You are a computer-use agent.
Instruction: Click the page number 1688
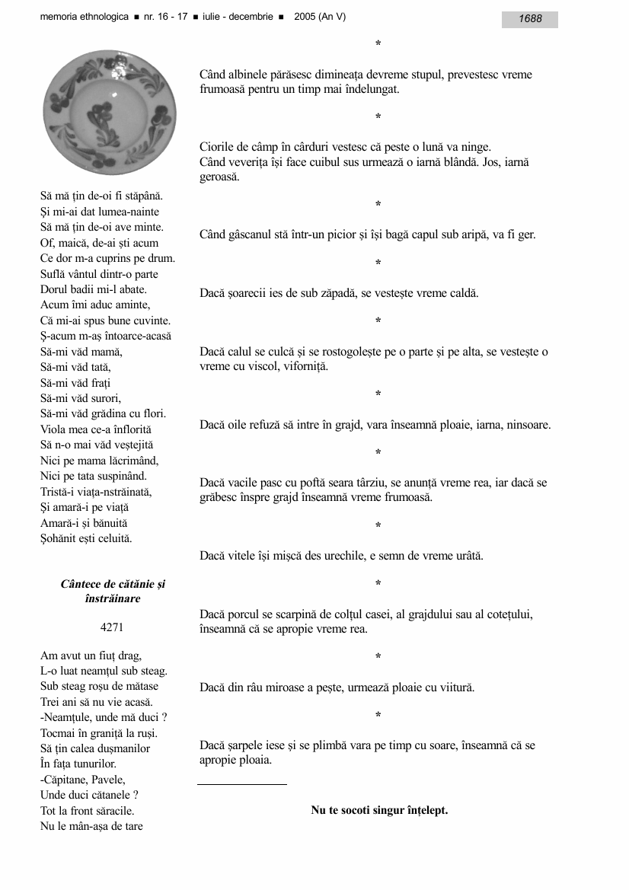(530, 19)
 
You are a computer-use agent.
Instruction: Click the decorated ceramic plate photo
(110, 112)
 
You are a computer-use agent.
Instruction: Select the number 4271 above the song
(112, 628)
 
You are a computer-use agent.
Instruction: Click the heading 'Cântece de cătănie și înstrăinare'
(113, 592)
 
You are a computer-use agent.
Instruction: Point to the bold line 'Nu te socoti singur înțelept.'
(379, 810)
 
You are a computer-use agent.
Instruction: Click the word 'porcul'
(243, 614)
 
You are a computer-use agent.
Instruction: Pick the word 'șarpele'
(245, 745)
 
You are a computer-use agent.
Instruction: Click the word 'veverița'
(255, 162)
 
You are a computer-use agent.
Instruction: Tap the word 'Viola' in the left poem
(54, 429)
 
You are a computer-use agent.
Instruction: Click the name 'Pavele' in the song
(107, 780)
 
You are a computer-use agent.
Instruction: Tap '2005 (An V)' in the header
(320, 17)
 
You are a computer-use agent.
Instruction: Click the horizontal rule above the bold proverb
(242, 783)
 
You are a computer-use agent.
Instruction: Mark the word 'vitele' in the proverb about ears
(241, 556)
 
